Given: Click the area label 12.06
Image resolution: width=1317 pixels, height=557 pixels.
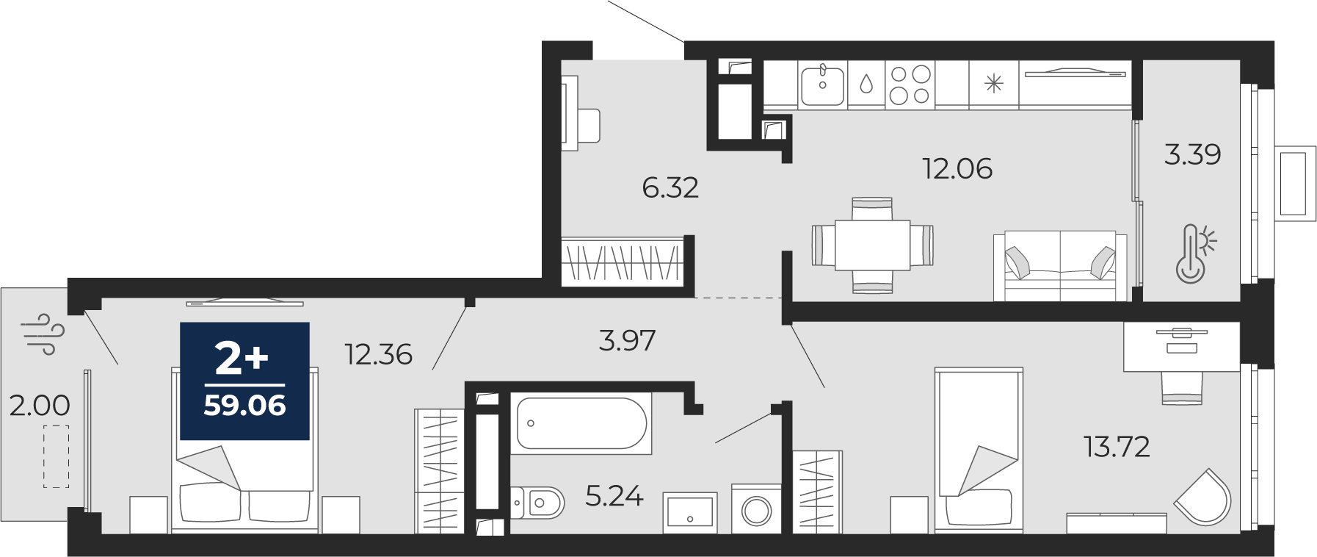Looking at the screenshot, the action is pyautogui.click(x=957, y=169).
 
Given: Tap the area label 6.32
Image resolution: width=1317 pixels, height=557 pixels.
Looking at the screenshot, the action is pyautogui.click(x=670, y=188).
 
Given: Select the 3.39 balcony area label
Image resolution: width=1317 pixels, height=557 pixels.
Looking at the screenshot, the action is pyautogui.click(x=1193, y=154).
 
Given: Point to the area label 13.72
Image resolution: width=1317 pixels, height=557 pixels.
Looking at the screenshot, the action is pyautogui.click(x=1117, y=446).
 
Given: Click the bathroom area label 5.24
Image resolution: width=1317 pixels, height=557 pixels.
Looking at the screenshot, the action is pyautogui.click(x=614, y=497).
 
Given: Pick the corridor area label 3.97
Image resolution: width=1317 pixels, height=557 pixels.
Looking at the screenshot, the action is pyautogui.click(x=627, y=340).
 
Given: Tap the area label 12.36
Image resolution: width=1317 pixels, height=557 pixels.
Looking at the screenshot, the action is pyautogui.click(x=379, y=355).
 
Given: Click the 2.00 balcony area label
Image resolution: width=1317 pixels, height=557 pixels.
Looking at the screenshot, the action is pyautogui.click(x=40, y=405).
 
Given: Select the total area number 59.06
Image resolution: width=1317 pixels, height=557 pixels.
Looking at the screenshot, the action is pyautogui.click(x=244, y=406).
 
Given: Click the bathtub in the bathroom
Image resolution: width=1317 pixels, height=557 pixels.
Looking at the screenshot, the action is pyautogui.click(x=581, y=423).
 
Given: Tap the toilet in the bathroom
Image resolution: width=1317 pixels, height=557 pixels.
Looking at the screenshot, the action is pyautogui.click(x=537, y=503).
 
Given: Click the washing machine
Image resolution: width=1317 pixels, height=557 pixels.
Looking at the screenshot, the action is pyautogui.click(x=756, y=509).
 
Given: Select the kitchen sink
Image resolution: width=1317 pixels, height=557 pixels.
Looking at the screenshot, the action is pyautogui.click(x=822, y=85).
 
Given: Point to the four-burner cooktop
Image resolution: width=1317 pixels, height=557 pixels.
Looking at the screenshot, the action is pyautogui.click(x=910, y=85).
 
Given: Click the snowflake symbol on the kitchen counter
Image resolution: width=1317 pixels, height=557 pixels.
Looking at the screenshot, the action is pyautogui.click(x=993, y=84).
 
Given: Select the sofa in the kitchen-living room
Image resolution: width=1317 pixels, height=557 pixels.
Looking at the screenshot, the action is pyautogui.click(x=1060, y=267).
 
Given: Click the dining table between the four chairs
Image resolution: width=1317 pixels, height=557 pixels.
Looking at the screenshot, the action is pyautogui.click(x=873, y=245).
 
